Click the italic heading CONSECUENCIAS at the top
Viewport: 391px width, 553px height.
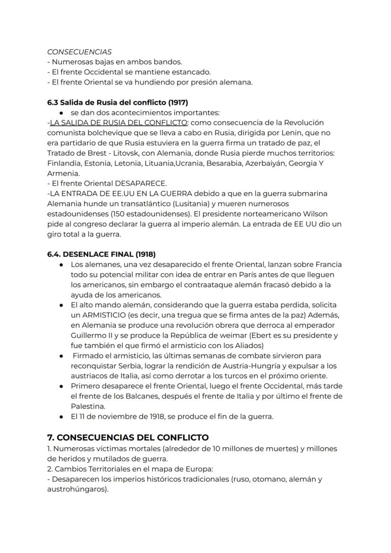[79, 52]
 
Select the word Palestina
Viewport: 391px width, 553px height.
[88, 406]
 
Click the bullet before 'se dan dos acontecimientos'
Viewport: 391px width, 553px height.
[62, 113]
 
